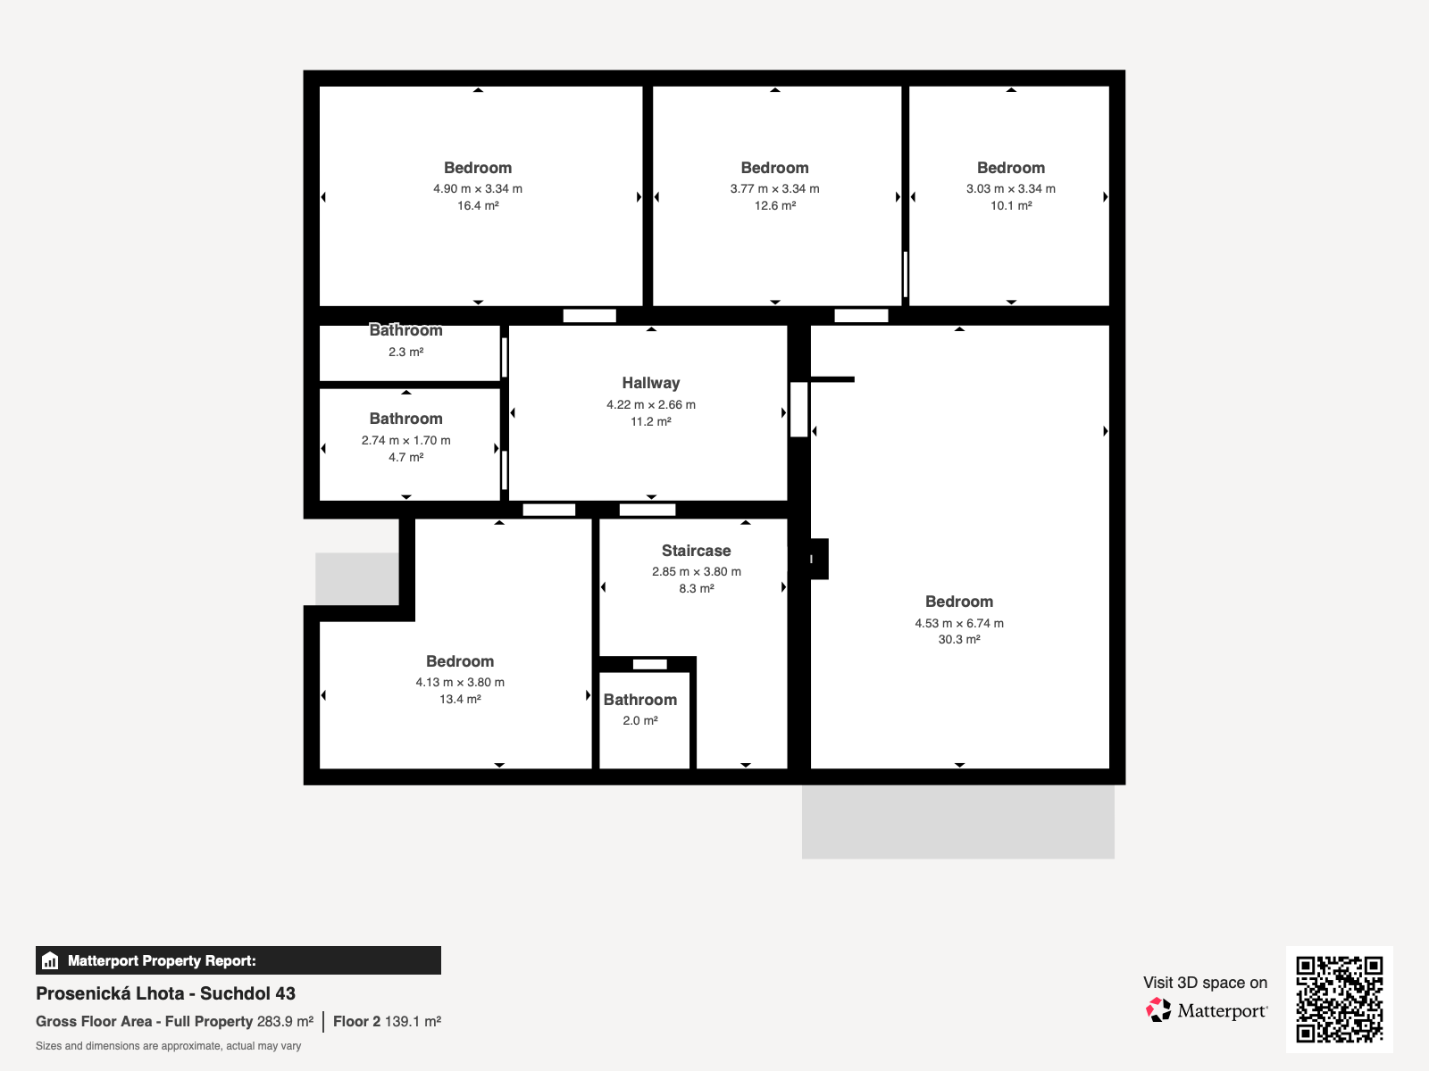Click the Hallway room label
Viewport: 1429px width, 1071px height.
650,383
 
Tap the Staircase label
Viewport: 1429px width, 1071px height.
696,551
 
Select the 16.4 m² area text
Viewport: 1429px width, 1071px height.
478,205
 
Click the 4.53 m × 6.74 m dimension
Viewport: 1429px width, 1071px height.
959,623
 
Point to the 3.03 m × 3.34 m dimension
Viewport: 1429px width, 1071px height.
1010,188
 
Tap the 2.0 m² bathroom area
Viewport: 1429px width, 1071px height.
640,720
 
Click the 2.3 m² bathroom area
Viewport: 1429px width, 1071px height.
405,352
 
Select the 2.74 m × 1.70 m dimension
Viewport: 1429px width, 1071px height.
405,440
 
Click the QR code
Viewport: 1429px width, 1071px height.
1339,999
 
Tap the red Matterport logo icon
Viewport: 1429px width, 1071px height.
1158,1010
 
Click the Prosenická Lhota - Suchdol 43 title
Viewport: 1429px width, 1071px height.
165,993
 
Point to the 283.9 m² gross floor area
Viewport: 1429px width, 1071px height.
285,1022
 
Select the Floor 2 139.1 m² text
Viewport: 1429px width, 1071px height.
388,1022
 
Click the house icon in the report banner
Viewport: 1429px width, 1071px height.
50,960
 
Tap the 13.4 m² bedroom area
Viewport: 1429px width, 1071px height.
460,699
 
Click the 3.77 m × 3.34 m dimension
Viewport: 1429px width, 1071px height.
774,188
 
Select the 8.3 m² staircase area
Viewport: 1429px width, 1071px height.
696,588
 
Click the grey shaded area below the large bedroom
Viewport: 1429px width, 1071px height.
957,822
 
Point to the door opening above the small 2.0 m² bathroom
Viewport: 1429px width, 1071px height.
649,665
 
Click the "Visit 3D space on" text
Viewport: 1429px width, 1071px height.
1205,983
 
